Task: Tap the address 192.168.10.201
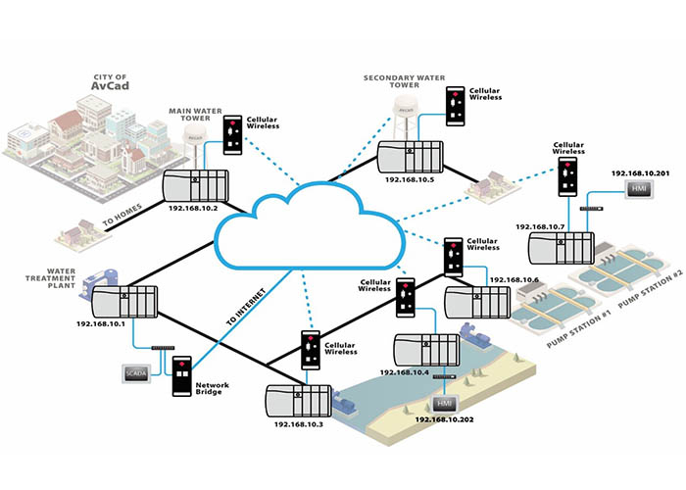[641, 173]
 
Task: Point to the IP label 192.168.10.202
[444, 418]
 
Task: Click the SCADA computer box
[133, 373]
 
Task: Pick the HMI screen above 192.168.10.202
[444, 403]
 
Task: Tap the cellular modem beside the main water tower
[233, 134]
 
